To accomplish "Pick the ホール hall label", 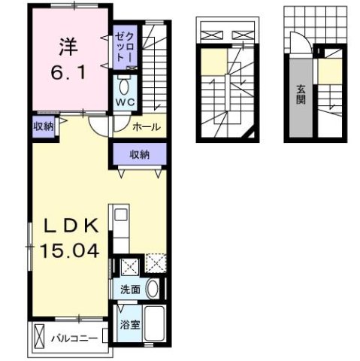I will click(146, 127).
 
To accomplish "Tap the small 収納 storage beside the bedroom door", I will click(43, 126).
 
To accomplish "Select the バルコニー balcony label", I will click(73, 339).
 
